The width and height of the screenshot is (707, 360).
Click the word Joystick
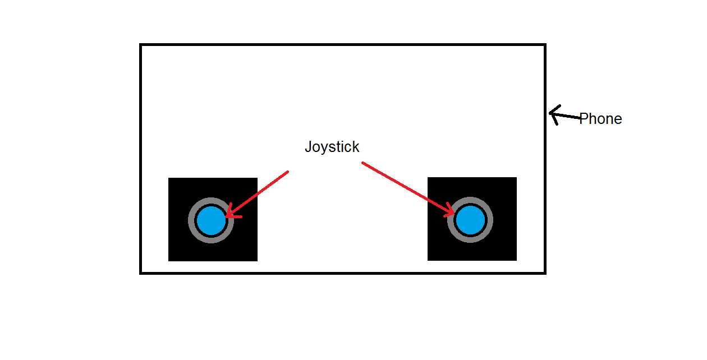[x=332, y=147]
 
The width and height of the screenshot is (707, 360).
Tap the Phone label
[x=600, y=119]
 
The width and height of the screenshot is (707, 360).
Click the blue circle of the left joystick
[x=212, y=220]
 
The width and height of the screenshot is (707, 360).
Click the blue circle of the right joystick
[x=470, y=220]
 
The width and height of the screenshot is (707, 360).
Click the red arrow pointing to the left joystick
[x=258, y=193]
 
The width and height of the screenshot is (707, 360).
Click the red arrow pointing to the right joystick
[x=407, y=187]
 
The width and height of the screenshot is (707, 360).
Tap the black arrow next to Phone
[x=564, y=116]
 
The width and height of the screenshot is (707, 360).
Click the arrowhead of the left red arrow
[x=228, y=215]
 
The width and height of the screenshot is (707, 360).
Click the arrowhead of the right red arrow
[x=452, y=213]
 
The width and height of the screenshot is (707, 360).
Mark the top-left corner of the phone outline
[x=141, y=45]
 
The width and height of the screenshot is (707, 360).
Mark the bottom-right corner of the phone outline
[x=545, y=273]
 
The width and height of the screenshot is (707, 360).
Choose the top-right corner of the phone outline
[x=545, y=45]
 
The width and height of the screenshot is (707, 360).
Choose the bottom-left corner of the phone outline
[x=141, y=273]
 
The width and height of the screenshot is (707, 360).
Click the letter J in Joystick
[x=308, y=147]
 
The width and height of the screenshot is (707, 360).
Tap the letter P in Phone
[x=584, y=119]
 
